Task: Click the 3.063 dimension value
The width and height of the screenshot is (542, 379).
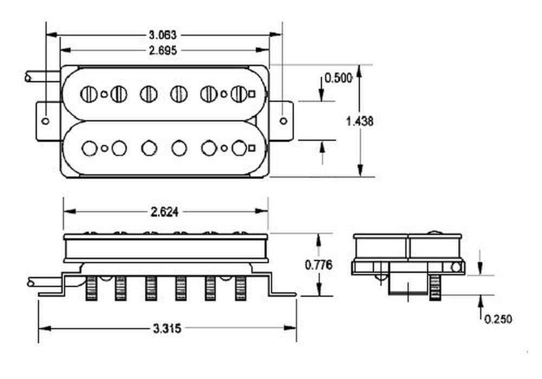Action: click(x=163, y=35)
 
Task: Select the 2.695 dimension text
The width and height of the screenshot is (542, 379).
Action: click(x=164, y=50)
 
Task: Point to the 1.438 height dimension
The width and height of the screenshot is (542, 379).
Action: click(x=359, y=121)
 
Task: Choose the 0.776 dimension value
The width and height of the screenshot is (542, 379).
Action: click(x=319, y=265)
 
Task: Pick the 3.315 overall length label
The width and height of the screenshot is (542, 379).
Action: click(x=167, y=329)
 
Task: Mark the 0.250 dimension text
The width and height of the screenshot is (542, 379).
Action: click(x=498, y=319)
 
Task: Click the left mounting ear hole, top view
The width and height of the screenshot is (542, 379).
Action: click(x=46, y=121)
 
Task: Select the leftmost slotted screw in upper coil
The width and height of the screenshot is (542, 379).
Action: click(x=88, y=94)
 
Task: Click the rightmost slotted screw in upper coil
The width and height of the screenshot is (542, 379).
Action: click(x=238, y=94)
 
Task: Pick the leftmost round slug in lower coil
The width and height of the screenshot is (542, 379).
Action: click(x=89, y=147)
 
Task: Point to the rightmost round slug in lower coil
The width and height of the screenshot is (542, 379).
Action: click(x=238, y=147)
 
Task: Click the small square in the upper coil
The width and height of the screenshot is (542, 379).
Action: click(x=252, y=94)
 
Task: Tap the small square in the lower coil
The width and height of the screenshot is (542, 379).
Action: click(x=252, y=147)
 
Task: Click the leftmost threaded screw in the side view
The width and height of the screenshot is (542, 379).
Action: click(x=91, y=287)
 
